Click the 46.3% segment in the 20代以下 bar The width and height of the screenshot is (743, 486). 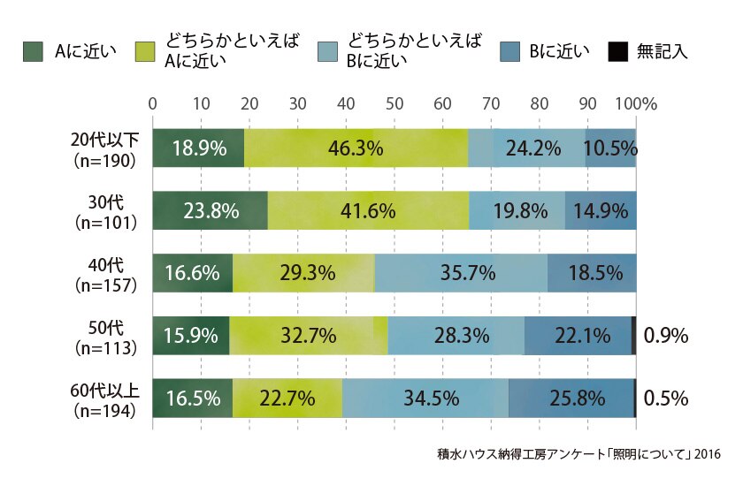[356, 148]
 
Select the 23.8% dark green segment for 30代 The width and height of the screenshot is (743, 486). [210, 210]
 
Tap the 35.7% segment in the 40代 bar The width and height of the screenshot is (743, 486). [461, 273]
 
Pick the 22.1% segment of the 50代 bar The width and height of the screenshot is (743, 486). [578, 336]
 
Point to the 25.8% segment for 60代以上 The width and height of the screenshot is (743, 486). [571, 399]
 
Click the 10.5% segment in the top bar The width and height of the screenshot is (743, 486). [611, 148]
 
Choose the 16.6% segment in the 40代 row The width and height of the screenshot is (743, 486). [193, 273]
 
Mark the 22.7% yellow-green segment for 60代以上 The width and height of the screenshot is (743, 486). [287, 399]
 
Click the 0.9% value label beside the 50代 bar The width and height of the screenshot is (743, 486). [666, 336]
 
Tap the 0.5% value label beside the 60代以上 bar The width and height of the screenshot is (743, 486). [666, 399]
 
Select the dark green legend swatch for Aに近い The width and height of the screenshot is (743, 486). [33, 51]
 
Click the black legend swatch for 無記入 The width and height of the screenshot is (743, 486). [618, 51]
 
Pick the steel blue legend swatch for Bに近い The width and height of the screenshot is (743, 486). [509, 51]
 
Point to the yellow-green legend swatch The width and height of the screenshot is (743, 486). [145, 51]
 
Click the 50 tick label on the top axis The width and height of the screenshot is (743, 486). [394, 103]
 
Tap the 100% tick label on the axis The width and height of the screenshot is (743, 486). [636, 103]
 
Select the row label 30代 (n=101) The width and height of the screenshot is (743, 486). [106, 212]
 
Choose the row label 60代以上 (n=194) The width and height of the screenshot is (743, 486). [104, 400]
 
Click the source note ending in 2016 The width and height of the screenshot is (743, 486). [578, 454]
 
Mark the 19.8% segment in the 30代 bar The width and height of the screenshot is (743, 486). [517, 210]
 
